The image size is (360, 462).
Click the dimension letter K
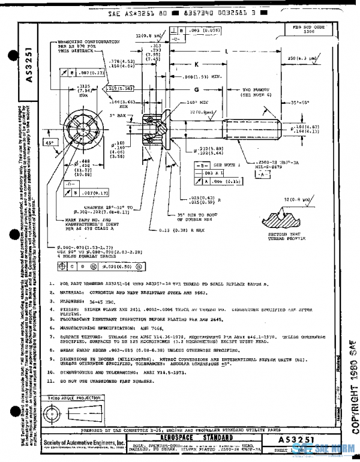pyautogui.click(x=196, y=64)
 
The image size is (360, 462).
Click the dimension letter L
pyautogui.click(x=227, y=52)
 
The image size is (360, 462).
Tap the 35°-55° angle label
pyautogui.click(x=312, y=103)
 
